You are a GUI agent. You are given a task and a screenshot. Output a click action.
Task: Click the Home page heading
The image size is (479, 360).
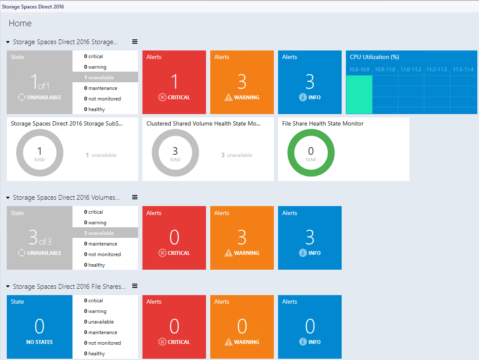point(20,23)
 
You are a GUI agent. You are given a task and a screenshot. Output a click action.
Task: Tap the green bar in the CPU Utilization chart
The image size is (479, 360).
point(359,95)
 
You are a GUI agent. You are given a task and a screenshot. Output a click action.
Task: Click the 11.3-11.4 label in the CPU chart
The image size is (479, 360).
point(463,70)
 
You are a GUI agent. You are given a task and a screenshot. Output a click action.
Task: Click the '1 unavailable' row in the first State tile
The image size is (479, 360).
point(105,78)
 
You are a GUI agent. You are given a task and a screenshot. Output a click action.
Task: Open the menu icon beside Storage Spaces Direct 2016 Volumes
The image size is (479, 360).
point(135,197)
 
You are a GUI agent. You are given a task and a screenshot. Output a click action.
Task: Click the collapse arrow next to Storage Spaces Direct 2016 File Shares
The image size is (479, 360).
point(8,287)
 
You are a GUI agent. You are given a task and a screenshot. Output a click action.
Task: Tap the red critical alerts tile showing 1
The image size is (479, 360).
point(174,82)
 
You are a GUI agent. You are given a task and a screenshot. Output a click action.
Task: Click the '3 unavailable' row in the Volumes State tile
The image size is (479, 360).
point(105,233)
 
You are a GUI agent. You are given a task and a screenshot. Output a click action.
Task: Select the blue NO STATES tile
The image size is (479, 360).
point(39,327)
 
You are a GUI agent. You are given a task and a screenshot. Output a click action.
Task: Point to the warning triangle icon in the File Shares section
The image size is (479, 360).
point(228,342)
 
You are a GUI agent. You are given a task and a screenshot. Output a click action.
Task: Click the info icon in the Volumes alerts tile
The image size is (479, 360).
point(303,253)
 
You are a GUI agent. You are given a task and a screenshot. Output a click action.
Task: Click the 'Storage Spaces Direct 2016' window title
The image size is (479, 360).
point(33,7)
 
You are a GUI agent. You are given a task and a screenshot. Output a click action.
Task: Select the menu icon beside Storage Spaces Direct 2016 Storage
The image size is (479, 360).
point(135,42)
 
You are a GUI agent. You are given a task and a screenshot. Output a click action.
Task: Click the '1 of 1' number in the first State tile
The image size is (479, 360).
point(39,81)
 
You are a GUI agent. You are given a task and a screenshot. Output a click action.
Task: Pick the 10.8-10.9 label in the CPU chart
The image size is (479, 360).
point(359,70)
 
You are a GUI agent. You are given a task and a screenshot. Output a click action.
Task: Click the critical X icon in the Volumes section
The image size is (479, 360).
point(162,253)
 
